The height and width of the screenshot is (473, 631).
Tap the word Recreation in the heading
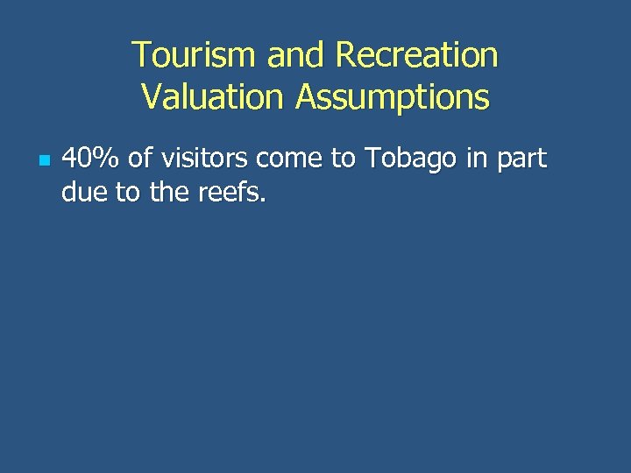pos(416,56)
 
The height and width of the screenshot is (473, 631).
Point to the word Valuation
pos(213,96)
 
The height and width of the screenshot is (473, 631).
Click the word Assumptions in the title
pos(392,96)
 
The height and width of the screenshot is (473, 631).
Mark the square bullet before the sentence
pos(44,161)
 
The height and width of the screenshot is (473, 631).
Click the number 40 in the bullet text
pos(76,159)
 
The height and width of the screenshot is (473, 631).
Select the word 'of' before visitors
pos(140,159)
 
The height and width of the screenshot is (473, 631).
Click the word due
pos(83,191)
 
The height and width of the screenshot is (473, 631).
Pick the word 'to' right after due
pos(126,191)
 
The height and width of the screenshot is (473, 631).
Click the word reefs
pos(230,191)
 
